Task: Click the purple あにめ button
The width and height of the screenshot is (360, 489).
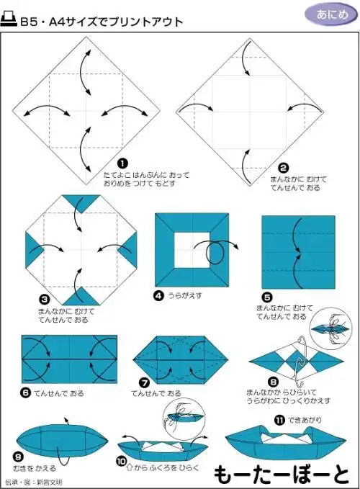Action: click(x=329, y=14)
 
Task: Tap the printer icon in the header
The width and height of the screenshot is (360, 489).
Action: click(x=10, y=21)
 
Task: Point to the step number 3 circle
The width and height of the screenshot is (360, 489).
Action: click(x=44, y=298)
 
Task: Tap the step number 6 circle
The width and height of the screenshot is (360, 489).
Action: click(x=25, y=393)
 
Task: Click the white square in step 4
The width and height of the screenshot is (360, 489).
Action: click(x=192, y=252)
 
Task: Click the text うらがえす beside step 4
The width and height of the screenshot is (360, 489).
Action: click(x=184, y=295)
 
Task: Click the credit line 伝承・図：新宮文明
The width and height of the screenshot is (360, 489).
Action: click(x=33, y=481)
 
